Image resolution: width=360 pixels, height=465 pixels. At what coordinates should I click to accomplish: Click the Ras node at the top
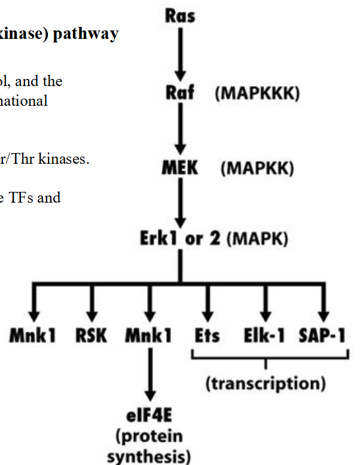[x=179, y=14]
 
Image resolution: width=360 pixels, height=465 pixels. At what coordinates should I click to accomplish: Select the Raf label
[x=178, y=94]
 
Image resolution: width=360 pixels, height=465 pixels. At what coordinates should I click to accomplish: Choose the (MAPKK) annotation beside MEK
[x=257, y=169]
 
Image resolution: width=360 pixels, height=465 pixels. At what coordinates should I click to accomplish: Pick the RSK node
[x=91, y=336]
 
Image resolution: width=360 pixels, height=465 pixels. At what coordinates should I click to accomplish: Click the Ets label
[x=206, y=336]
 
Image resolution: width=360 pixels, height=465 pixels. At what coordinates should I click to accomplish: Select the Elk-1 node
[x=266, y=336]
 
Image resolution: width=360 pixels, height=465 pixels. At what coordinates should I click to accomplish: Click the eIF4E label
[x=149, y=415]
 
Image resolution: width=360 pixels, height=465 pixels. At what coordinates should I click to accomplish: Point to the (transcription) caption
[x=266, y=383]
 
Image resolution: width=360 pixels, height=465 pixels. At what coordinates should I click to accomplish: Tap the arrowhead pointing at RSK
[x=91, y=315]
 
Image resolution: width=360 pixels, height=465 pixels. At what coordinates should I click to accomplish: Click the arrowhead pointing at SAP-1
[x=324, y=315]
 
